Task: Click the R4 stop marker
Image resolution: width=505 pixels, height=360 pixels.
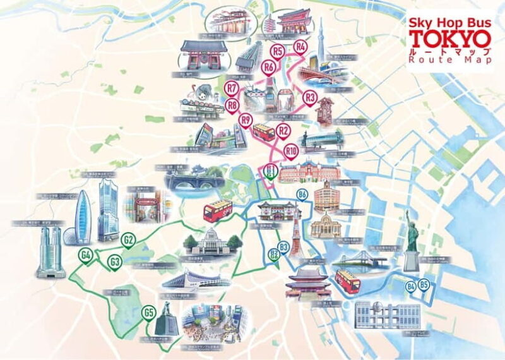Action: point(300,46)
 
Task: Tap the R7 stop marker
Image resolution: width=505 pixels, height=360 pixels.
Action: point(232,88)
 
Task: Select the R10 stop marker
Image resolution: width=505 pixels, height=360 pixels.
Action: point(291,151)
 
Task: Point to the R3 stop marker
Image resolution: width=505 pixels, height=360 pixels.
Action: point(309,97)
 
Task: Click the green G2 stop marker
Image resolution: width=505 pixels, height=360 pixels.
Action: point(128,240)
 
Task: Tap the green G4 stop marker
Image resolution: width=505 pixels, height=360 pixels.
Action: point(86,255)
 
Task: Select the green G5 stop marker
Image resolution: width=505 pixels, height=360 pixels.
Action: point(149,311)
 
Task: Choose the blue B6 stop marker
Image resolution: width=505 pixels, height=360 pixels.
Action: point(302,194)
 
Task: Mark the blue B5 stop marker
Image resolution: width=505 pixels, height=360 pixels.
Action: point(424,285)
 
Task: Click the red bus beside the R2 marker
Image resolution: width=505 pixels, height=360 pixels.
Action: point(263,132)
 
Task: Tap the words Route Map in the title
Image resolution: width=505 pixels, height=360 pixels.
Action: point(449,60)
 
